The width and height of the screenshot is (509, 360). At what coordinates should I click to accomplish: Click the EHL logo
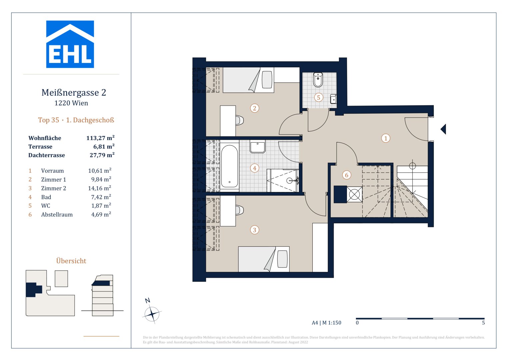(70, 44)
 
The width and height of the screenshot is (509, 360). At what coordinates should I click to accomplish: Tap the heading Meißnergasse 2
(74, 93)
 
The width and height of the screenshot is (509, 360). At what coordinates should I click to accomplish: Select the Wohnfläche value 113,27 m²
(100, 138)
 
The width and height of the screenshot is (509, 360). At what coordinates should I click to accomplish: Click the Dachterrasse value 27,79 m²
(102, 155)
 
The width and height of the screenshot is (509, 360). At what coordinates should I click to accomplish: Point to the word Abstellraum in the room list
(57, 215)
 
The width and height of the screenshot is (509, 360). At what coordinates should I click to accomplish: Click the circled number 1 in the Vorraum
(385, 138)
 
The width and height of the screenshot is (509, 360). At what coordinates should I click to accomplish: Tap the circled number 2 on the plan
(255, 108)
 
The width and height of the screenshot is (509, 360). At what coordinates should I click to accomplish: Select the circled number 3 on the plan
(255, 230)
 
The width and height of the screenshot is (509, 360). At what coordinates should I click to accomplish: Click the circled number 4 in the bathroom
(255, 168)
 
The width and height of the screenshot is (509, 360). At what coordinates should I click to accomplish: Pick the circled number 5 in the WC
(318, 97)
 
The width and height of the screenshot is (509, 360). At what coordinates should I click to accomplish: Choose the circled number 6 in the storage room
(347, 175)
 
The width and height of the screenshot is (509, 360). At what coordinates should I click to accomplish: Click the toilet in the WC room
(318, 80)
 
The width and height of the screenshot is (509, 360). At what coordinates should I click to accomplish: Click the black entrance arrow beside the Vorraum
(444, 129)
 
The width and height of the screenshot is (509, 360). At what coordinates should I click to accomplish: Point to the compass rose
(152, 314)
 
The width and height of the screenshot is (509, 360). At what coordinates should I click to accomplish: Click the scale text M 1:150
(332, 323)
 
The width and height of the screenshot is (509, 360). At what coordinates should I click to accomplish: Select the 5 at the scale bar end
(483, 323)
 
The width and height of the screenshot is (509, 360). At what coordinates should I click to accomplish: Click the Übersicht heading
(71, 261)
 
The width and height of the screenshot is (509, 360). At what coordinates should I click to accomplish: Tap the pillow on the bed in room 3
(282, 259)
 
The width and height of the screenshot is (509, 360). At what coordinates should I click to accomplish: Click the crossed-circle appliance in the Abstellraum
(354, 194)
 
